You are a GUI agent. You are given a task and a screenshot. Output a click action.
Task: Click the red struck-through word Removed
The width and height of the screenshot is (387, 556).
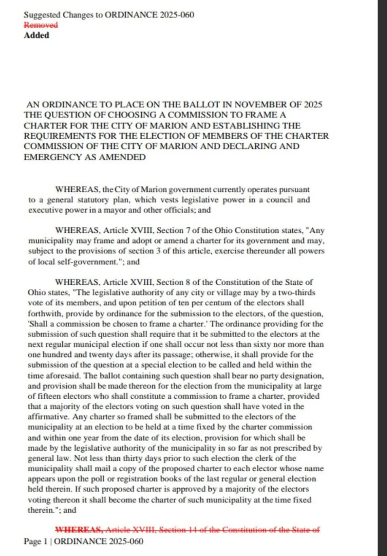[x=40, y=25]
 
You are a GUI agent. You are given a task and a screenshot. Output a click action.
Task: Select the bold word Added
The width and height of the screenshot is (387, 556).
[x=36, y=35]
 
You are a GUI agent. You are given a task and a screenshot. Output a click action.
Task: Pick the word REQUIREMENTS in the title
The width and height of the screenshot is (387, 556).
[x=59, y=136]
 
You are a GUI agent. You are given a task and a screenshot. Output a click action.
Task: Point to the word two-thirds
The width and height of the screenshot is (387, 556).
[x=296, y=293]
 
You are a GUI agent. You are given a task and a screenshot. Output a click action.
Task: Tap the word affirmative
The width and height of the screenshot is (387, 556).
[x=48, y=417]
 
